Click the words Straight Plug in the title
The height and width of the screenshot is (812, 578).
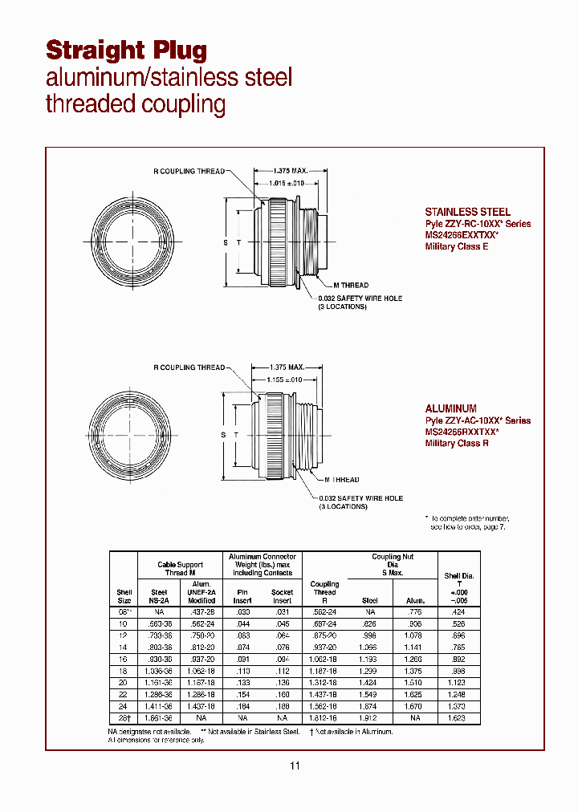tap(127, 50)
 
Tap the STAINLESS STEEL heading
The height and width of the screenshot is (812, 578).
tap(467, 212)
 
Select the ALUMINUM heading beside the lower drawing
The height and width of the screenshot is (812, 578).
tap(450, 408)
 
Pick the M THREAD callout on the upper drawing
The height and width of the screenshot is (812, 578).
tap(350, 286)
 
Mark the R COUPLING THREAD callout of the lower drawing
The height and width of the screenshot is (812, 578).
tap(189, 367)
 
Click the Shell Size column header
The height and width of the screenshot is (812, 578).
tap(124, 596)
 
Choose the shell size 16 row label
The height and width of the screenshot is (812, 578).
tap(124, 658)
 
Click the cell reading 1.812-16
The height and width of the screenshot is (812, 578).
tap(324, 719)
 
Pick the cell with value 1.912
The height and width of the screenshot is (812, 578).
tap(369, 719)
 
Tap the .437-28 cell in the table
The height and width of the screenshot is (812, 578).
tap(201, 611)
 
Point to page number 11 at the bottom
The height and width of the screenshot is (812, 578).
tap(295, 766)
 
